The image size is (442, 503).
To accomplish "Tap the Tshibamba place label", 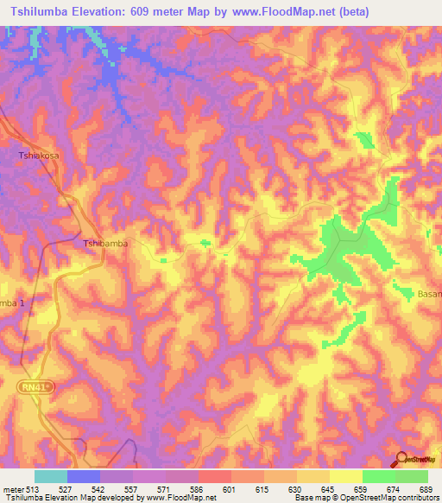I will (x=105, y=244).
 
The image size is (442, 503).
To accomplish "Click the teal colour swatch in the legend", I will (x=51, y=476).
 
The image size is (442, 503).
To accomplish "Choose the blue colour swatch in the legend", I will (x=84, y=476).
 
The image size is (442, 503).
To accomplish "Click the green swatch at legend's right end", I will (x=412, y=476).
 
